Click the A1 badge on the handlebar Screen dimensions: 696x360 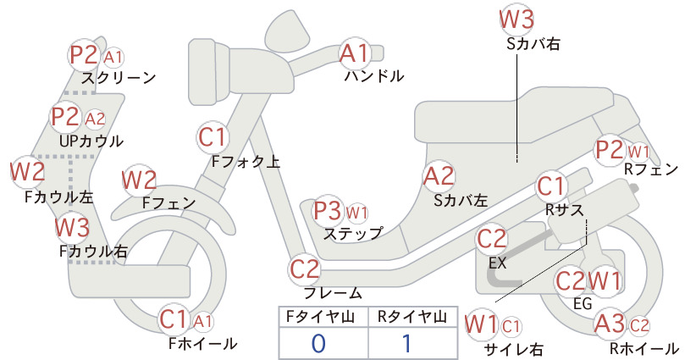pos(355,53)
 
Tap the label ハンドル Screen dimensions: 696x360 pos(374,76)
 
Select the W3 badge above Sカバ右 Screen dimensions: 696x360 pos(516,19)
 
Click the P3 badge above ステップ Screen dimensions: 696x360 pos(328,211)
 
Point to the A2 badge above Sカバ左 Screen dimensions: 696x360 pos(439,176)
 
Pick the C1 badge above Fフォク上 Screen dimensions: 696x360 pos(213,137)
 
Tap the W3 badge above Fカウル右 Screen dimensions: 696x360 pos(72,227)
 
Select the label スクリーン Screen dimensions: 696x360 pos(119,78)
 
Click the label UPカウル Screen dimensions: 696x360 pos(91,141)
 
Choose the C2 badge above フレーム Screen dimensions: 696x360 pos(305,269)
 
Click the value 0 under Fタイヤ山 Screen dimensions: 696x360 pos(318,344)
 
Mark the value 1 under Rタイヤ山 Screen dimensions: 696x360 pos(406,344)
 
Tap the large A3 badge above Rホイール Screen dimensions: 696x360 pos(610,324)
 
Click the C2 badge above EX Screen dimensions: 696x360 pos(491,239)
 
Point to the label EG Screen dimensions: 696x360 pos(583,303)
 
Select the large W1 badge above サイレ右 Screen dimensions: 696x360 pos(481,324)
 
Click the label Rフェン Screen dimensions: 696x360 pos(651,169)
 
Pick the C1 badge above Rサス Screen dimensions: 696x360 pos(551,186)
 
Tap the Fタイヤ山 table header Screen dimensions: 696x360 pos(320,317)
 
